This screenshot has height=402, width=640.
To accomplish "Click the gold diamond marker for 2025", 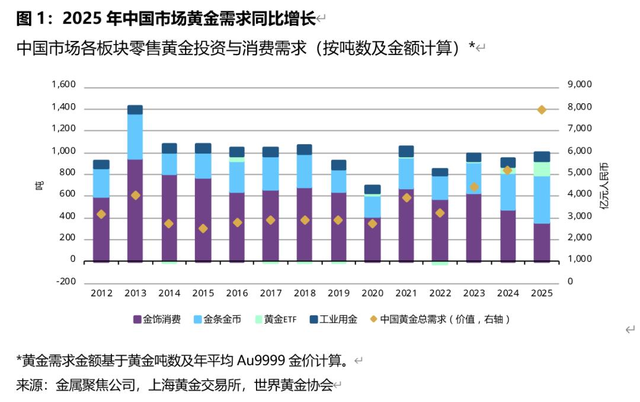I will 542,110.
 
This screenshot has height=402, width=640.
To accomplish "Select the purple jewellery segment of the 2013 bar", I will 135,210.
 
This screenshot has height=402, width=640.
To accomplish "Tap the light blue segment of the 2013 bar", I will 135,136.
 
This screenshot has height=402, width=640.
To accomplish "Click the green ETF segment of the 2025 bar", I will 542,169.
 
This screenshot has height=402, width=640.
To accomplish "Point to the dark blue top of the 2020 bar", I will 372,189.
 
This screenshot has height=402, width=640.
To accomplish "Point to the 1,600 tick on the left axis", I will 64,85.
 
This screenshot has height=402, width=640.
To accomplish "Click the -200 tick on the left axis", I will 66,282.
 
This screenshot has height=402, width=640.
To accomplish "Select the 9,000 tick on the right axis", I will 579,85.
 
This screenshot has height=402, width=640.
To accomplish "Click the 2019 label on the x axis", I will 338,293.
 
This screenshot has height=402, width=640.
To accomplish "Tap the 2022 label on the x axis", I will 440,293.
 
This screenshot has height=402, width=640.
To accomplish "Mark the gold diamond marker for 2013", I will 135,195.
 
